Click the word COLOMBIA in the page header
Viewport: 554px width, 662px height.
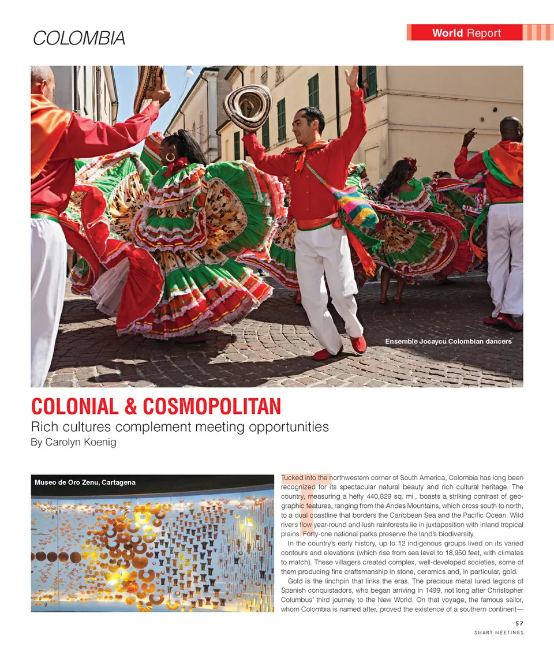(x=78, y=38)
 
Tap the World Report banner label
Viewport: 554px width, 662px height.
(x=466, y=33)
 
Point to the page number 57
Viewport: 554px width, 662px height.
(x=519, y=623)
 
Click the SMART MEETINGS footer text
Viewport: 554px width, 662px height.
(x=499, y=633)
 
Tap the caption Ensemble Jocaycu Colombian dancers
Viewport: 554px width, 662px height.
(x=448, y=342)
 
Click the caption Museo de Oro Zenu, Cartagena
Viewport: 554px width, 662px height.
(x=85, y=482)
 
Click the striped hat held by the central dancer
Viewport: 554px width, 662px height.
(x=248, y=107)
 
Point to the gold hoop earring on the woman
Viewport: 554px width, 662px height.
(x=170, y=156)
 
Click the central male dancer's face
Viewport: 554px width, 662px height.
(x=311, y=124)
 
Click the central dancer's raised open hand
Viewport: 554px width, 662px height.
(x=351, y=78)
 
